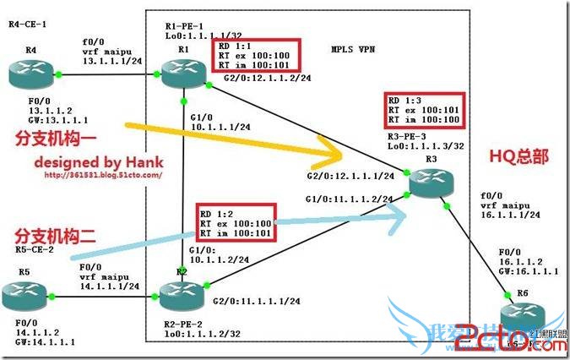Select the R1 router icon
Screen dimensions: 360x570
(x=184, y=75)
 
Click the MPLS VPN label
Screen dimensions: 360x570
(x=356, y=50)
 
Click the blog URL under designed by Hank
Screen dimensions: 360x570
(x=102, y=176)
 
